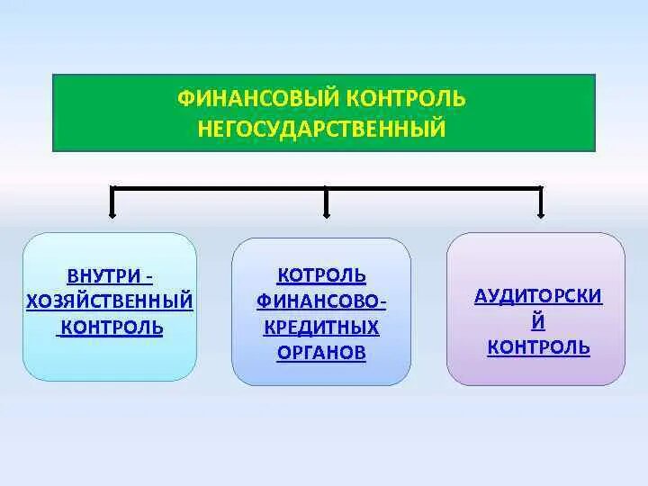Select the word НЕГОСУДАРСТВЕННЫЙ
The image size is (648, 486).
[x=323, y=130]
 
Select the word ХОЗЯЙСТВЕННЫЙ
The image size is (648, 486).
[x=109, y=300]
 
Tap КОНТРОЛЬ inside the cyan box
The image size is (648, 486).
[x=110, y=327]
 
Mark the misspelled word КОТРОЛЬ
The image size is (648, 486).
[x=321, y=274]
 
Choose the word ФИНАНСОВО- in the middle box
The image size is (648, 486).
[x=321, y=300]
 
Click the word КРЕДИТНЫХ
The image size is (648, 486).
[x=321, y=326]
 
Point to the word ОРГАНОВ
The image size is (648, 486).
[x=321, y=353]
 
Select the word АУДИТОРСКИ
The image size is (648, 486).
[x=538, y=296]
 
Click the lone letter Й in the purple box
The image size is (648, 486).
[x=538, y=321]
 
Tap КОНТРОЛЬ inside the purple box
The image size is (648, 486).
[x=538, y=347]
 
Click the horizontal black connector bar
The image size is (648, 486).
[x=216, y=188]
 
